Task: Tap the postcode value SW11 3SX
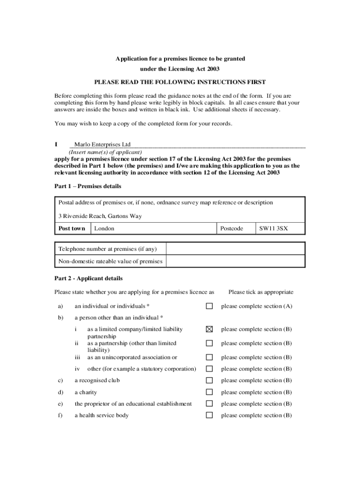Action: click(x=274, y=229)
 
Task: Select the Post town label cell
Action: click(x=72, y=229)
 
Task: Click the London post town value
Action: click(x=104, y=229)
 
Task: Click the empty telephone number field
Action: click(x=235, y=249)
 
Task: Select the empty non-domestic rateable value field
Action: click(x=235, y=261)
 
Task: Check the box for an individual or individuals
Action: click(x=209, y=306)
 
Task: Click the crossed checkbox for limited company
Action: click(x=209, y=329)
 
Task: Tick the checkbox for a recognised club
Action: click(x=209, y=380)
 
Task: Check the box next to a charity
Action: click(x=209, y=392)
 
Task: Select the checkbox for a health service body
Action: click(x=209, y=415)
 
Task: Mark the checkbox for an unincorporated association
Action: click(x=209, y=357)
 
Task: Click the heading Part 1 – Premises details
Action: click(x=88, y=186)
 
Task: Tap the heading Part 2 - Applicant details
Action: click(x=88, y=278)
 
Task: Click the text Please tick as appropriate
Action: click(x=261, y=292)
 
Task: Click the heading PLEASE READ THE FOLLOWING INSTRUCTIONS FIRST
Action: click(x=180, y=82)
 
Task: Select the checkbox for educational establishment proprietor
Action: click(x=209, y=404)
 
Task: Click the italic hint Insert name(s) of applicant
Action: click(x=105, y=152)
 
